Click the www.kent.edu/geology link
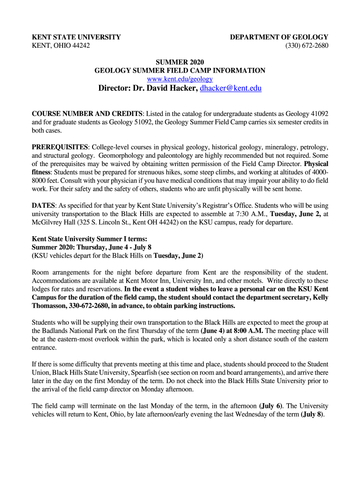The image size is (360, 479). (180, 79)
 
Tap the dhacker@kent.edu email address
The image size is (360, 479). (230, 88)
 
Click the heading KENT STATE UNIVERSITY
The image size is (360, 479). (76, 37)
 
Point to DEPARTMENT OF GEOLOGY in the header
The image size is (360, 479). (279, 37)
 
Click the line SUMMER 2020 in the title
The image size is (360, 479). (180, 62)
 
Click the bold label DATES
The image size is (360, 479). (43, 205)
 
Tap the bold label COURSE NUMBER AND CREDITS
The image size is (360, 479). (87, 114)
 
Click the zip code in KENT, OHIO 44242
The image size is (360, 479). (80, 45)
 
